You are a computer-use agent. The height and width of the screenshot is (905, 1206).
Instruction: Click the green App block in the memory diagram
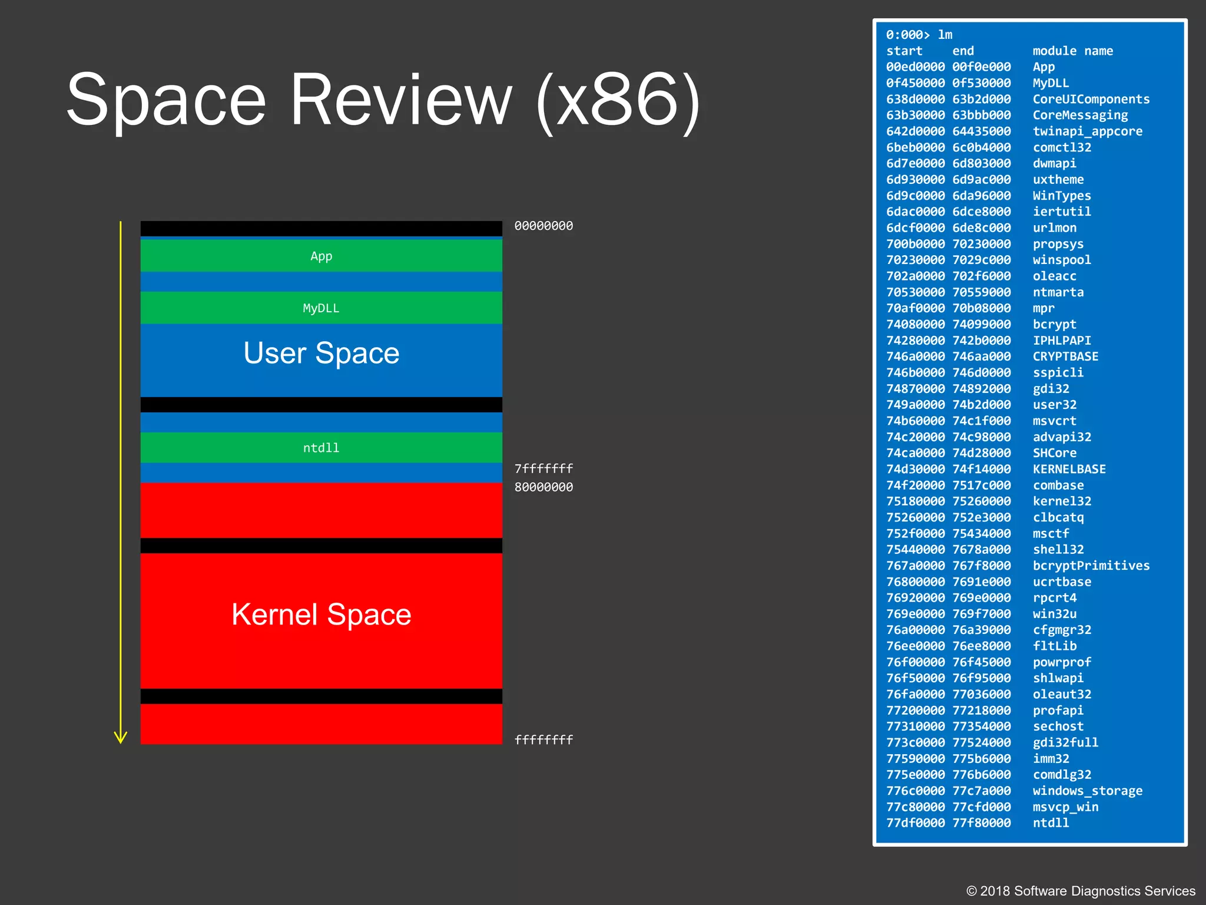coord(321,256)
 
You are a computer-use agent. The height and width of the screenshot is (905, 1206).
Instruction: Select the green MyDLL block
coord(321,308)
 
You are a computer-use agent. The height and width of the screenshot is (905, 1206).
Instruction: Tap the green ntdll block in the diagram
coord(321,448)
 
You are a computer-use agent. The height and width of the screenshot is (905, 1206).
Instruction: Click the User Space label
coord(321,354)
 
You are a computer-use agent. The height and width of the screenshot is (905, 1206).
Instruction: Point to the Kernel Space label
coord(321,615)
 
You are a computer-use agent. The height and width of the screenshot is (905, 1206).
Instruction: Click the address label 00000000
coord(543,226)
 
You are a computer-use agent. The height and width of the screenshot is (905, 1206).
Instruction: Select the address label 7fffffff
coord(543,468)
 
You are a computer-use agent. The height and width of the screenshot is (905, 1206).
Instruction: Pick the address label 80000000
coord(543,487)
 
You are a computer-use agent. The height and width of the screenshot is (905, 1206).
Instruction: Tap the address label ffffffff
coord(543,740)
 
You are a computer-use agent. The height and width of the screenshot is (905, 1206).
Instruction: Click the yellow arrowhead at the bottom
coord(121,738)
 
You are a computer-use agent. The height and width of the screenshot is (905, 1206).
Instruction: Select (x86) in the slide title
coord(618,101)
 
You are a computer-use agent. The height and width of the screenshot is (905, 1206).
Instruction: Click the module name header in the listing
coord(1072,51)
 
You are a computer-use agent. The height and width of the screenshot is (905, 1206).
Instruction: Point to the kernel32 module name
coord(1062,501)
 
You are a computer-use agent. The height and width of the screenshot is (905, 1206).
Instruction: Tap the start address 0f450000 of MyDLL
coord(915,83)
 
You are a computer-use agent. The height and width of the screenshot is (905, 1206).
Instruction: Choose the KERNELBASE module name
coord(1069,469)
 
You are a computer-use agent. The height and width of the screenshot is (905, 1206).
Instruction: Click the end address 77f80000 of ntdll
coord(981,823)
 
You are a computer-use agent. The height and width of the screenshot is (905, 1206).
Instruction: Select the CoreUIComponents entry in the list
coord(1091,99)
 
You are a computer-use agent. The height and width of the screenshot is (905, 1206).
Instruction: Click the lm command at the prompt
coord(945,35)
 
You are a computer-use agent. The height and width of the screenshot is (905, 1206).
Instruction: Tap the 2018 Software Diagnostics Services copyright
coord(1081,891)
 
